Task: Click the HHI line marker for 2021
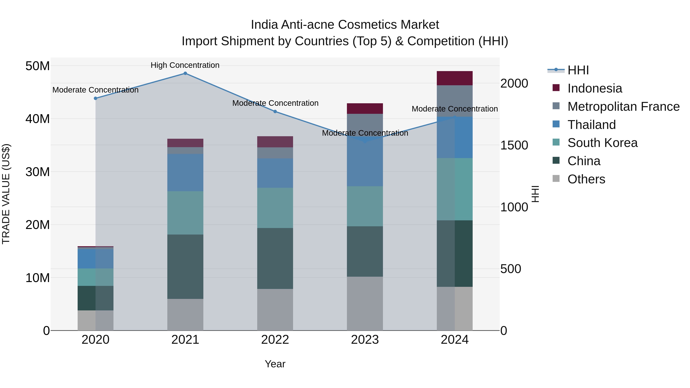185,73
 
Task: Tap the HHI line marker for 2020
95,98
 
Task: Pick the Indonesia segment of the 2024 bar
455,78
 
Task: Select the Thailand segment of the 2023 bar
365,161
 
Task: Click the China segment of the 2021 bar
185,267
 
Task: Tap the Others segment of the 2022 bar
275,310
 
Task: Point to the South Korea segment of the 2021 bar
185,213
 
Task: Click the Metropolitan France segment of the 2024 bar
455,101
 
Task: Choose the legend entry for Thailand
591,125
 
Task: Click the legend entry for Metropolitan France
623,107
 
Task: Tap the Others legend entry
586,179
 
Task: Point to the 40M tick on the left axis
38,119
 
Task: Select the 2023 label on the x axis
365,340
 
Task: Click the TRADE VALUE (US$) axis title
6,194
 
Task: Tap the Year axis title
275,364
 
